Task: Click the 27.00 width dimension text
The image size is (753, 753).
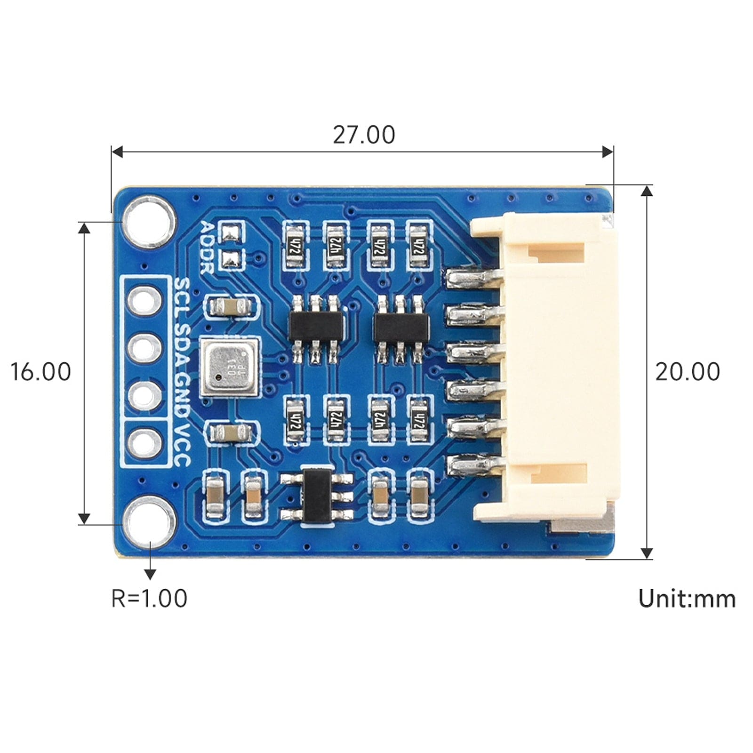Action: coord(364,135)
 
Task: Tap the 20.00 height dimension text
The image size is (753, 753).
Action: coord(687,372)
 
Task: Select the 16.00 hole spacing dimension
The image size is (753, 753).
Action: coord(40,372)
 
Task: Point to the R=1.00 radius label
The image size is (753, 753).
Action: coord(149,598)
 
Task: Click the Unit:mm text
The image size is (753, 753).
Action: coord(687,599)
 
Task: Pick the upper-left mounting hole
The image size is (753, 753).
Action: coord(149,223)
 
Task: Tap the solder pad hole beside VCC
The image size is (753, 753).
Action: coord(144,442)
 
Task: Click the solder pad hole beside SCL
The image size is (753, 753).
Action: coord(144,300)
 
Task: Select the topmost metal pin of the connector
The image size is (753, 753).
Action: coord(473,278)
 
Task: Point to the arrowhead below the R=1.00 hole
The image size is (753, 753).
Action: coord(150,574)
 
